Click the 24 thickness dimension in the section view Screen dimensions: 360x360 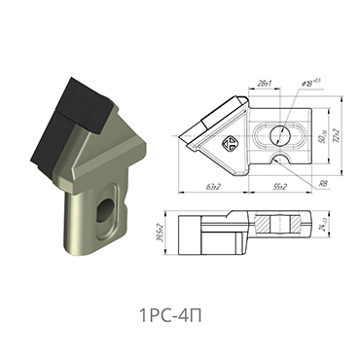316,227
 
